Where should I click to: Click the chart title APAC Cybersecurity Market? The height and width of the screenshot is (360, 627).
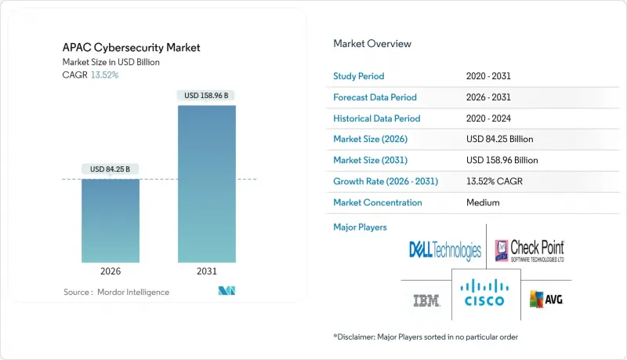point(132,48)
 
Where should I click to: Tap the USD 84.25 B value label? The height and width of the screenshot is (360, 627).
point(111,169)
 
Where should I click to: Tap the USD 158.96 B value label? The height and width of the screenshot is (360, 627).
point(206,96)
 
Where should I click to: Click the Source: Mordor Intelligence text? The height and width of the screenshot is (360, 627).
point(116,292)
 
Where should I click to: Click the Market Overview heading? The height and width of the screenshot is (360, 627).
point(372,43)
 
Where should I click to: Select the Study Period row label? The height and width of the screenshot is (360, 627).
point(360,76)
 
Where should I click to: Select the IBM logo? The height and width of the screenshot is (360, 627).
point(426,300)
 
